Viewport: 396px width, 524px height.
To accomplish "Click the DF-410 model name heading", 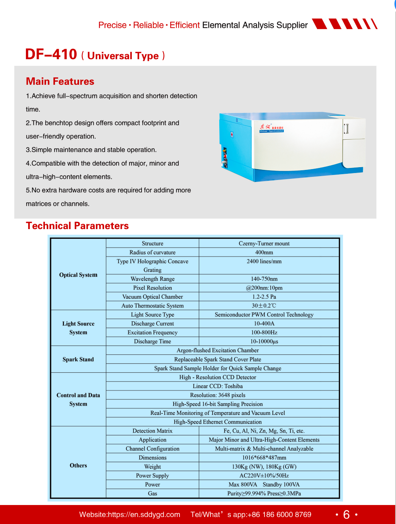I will (x=51, y=55).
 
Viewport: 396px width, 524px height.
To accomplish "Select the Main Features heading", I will (x=60, y=81).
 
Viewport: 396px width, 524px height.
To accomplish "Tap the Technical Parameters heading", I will (x=77, y=226).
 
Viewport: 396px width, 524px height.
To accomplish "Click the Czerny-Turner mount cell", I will (x=264, y=243).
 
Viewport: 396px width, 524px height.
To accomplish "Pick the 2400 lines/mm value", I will (x=264, y=261).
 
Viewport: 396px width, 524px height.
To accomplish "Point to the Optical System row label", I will (x=78, y=275).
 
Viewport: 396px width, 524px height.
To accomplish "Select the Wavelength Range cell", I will (x=152, y=279).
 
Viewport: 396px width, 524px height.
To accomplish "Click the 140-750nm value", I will (x=264, y=279).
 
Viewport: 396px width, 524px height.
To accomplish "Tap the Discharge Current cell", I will (x=152, y=324).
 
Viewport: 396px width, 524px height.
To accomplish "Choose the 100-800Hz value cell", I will (x=264, y=332).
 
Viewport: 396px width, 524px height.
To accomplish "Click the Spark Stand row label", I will (x=78, y=360).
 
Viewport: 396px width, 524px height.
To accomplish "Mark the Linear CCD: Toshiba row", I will (x=218, y=386).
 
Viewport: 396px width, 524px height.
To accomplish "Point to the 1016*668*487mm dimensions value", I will (x=264, y=458).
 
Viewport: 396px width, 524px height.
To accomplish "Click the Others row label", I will (x=78, y=466).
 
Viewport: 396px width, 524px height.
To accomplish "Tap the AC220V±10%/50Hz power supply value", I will (x=264, y=476).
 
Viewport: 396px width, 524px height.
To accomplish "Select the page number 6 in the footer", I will (x=346, y=514).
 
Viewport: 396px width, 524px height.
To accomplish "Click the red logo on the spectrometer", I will (x=265, y=127).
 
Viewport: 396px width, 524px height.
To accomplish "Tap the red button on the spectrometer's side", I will (x=232, y=135).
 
